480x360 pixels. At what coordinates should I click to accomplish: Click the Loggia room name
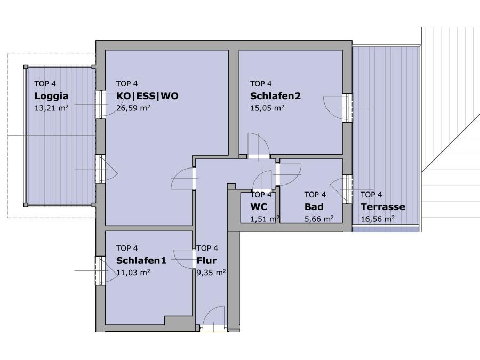[x=51, y=96]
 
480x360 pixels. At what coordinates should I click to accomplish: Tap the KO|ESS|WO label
[x=147, y=96]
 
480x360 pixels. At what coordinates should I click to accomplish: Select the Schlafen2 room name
[x=276, y=96]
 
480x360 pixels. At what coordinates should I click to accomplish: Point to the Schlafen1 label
[x=141, y=260]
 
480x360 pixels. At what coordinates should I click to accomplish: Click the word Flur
[x=206, y=260]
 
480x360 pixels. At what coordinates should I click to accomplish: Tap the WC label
[x=259, y=207]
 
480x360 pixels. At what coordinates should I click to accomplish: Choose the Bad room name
[x=314, y=207]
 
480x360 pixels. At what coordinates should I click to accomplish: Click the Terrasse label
[x=383, y=207]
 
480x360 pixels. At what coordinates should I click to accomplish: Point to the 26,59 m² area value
[x=133, y=108]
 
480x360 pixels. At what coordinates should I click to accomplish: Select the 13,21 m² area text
[x=51, y=108]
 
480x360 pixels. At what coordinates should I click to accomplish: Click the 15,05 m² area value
[x=267, y=108]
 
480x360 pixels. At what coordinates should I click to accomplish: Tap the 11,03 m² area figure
[x=133, y=273]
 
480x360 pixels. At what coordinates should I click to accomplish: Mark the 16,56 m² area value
[x=378, y=219]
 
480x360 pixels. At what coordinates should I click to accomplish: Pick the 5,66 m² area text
[x=319, y=219]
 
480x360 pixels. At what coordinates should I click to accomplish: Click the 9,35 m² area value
[x=211, y=273]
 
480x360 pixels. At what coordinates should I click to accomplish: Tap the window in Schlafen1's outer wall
[x=100, y=270]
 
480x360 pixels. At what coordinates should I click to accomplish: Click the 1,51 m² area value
[x=265, y=219]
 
